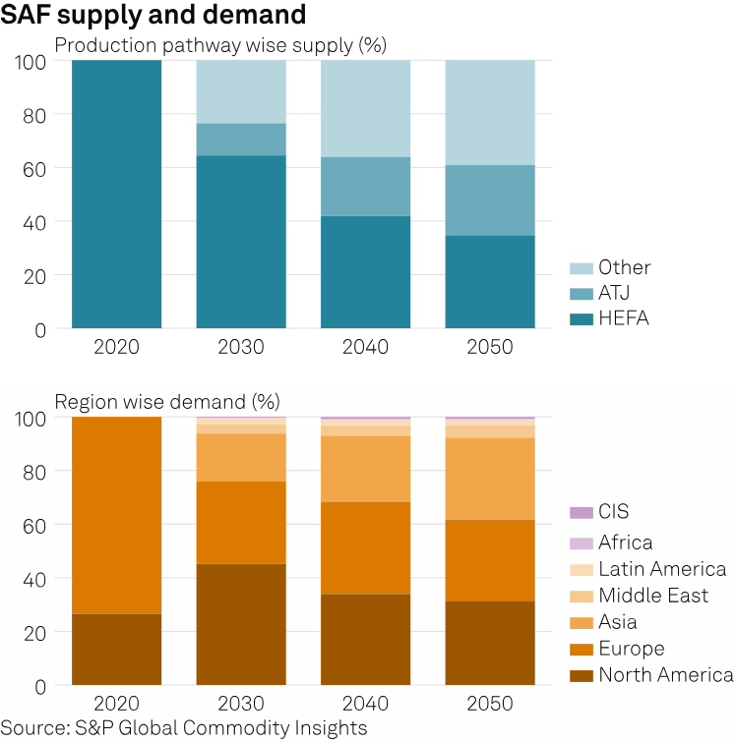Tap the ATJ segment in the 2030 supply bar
point(241,140)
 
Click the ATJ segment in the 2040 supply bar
point(366,187)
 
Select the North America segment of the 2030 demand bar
point(241,624)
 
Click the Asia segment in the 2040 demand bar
point(366,469)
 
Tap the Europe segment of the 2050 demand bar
point(490,560)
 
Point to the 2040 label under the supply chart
point(366,347)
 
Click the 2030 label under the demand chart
point(241,703)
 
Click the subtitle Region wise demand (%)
point(167,401)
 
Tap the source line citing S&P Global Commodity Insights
point(184,728)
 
